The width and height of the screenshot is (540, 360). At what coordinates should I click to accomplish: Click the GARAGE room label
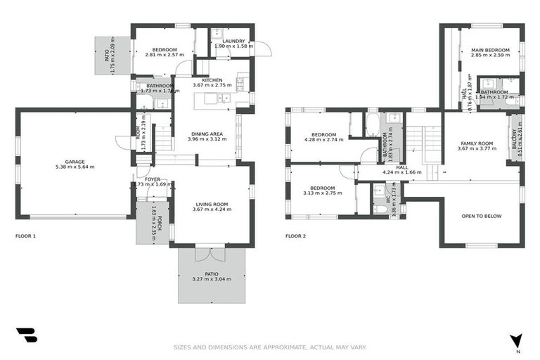pyautogui.click(x=75, y=161)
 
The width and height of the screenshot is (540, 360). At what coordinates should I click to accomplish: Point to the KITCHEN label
pyautogui.click(x=212, y=80)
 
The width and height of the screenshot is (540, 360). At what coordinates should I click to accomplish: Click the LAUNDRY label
pyautogui.click(x=233, y=41)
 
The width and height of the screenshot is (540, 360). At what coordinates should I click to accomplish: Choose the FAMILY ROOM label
pyautogui.click(x=476, y=143)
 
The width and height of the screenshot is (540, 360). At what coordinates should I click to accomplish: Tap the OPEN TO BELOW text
pyautogui.click(x=481, y=216)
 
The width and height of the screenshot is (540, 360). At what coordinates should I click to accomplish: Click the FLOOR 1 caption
pyautogui.click(x=25, y=236)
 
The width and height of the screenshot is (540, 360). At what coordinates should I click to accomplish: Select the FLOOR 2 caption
pyautogui.click(x=295, y=236)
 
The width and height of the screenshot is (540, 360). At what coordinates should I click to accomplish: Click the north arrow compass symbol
pyautogui.click(x=517, y=341)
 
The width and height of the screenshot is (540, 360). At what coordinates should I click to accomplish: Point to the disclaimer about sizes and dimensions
pyautogui.click(x=270, y=347)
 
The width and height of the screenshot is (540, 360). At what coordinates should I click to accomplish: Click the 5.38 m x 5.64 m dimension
pyautogui.click(x=75, y=167)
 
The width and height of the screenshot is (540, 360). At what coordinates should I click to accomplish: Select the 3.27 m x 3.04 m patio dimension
pyautogui.click(x=212, y=280)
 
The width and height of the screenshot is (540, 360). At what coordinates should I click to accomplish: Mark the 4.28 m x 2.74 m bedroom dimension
pyautogui.click(x=324, y=139)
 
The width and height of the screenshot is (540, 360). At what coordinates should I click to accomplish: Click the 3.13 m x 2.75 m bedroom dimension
pyautogui.click(x=324, y=193)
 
